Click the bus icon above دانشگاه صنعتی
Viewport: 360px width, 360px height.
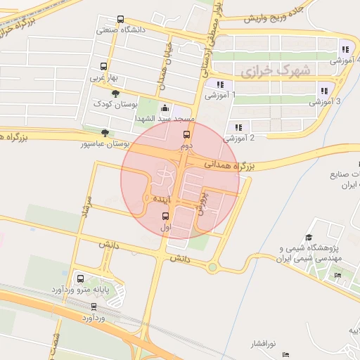coord(120,20)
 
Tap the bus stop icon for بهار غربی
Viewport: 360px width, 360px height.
coord(103,67)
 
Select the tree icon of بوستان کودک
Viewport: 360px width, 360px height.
coord(115,94)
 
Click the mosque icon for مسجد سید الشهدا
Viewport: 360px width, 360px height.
coord(164,108)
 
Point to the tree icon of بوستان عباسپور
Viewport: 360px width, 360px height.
coord(105,132)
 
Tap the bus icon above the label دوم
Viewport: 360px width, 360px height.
coord(186,134)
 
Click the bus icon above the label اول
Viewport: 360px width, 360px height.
coord(165,216)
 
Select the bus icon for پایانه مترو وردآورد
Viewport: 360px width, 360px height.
coord(79,278)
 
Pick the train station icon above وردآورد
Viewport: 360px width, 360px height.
coord(94,307)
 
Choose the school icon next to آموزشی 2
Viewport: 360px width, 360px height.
coord(238,127)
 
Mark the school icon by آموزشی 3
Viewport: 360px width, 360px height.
coord(324,90)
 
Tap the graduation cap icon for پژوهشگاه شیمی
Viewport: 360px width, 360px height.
coord(308,238)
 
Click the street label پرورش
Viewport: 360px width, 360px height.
coord(203,202)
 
